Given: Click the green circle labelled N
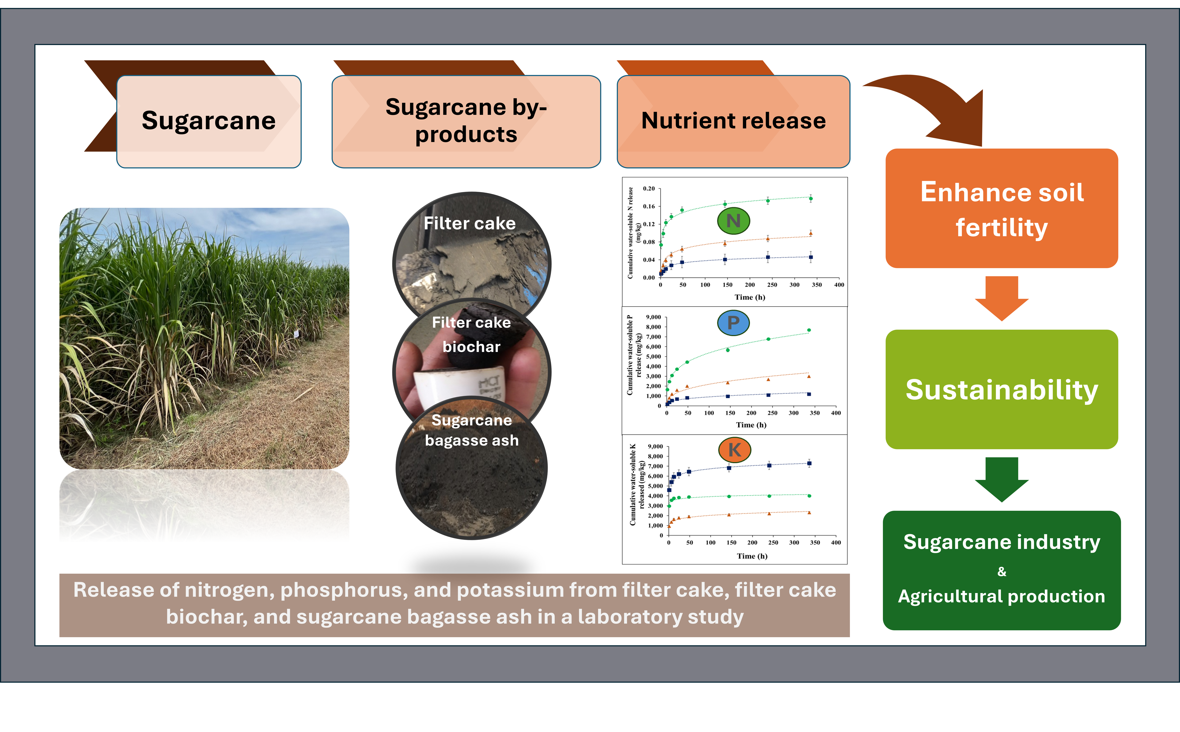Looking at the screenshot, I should [733, 221].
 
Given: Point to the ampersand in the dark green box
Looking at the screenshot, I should [1001, 572].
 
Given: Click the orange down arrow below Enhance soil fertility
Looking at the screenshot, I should [1001, 298].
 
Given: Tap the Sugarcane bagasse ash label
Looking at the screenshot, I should [471, 430].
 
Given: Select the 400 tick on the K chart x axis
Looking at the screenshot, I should [836, 543].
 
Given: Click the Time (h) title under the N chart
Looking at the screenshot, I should [750, 297].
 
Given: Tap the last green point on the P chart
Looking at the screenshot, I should [809, 330].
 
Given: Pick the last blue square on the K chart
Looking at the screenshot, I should [809, 463].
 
